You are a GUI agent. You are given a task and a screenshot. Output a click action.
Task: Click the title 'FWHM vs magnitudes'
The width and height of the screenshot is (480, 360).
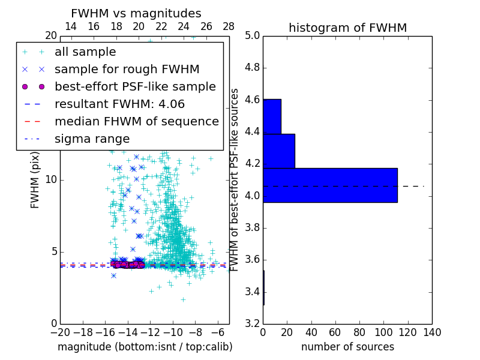pyautogui.click(x=136, y=13)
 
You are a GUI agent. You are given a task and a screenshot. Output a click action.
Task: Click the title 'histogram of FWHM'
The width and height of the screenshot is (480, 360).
pyautogui.click(x=347, y=28)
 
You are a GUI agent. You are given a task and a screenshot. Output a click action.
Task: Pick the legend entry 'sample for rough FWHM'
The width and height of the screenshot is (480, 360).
pyautogui.click(x=127, y=70)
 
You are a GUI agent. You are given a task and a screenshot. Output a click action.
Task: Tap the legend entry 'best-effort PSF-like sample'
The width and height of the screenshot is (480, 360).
pyautogui.click(x=135, y=87)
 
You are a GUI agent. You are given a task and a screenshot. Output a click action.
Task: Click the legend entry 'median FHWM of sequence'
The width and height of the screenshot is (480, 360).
pyautogui.click(x=136, y=122)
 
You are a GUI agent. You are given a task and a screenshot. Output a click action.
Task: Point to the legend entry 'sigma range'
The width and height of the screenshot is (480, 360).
pyautogui.click(x=92, y=139)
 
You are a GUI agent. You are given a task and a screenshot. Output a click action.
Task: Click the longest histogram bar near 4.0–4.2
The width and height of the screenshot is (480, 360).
pyautogui.click(x=330, y=185)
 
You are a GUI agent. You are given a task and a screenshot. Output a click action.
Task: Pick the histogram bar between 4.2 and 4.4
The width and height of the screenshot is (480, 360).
pyautogui.click(x=279, y=151)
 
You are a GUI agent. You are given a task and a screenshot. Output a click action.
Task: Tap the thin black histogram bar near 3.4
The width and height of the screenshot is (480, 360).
pyautogui.click(x=263, y=288)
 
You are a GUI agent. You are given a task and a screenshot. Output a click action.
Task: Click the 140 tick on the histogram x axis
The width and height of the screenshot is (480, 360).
pyautogui.click(x=432, y=332)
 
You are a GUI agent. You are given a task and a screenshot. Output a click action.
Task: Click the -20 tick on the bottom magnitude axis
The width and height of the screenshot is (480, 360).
pyautogui.click(x=60, y=332)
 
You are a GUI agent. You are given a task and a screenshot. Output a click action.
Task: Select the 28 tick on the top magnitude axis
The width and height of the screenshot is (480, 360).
pyautogui.click(x=229, y=26)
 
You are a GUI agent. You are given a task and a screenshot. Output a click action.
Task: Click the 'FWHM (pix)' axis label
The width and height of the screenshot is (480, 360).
pyautogui.click(x=35, y=181)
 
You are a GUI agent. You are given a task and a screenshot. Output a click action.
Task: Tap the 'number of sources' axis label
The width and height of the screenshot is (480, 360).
pyautogui.click(x=347, y=347)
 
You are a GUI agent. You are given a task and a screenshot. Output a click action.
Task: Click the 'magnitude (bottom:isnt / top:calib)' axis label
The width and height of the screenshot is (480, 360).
pyautogui.click(x=145, y=347)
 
